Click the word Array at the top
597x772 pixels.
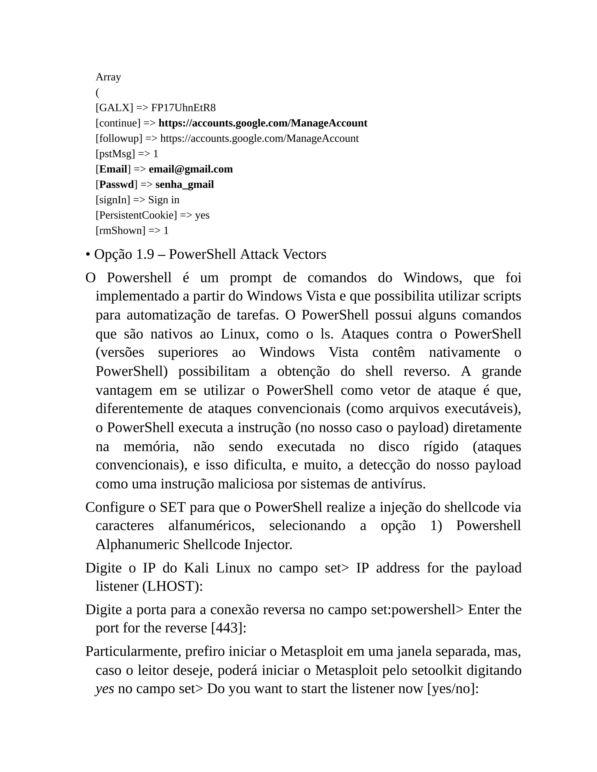108,77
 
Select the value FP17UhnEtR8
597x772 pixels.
183,108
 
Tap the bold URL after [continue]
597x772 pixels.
263,123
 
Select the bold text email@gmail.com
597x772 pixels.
191,169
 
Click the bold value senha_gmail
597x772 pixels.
185,184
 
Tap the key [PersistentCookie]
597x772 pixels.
136,215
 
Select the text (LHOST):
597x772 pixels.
173,586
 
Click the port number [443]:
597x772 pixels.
229,628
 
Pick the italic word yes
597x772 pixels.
105,689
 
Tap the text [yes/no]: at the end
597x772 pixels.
453,689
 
